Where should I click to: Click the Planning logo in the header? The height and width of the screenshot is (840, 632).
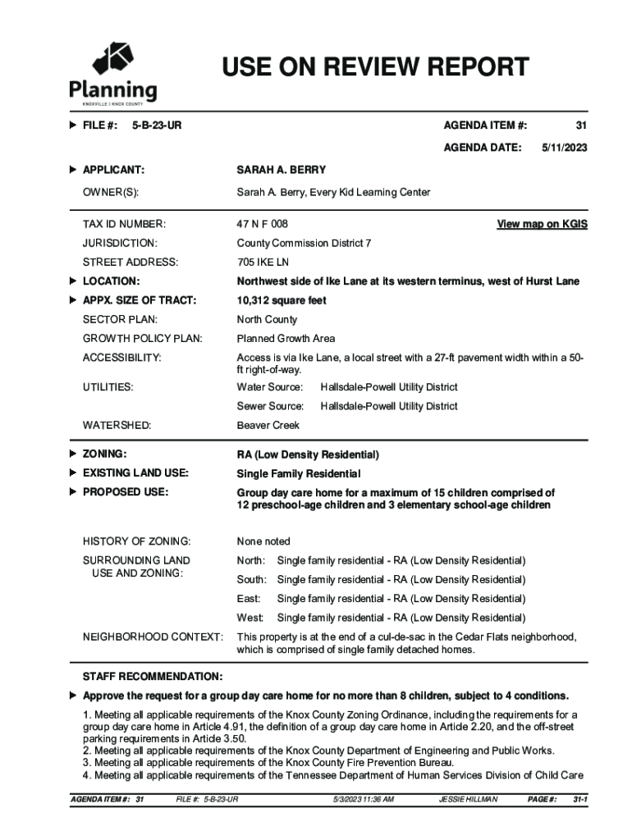click(113, 74)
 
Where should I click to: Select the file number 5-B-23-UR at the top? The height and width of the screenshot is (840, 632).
click(157, 126)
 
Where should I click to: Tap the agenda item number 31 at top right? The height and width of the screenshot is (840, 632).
click(581, 126)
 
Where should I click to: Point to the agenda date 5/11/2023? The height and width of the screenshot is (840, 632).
click(564, 148)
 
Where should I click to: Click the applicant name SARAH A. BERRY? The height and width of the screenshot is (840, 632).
click(281, 170)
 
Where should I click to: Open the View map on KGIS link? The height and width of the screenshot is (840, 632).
click(542, 224)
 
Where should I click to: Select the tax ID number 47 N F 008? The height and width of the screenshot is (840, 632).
click(263, 224)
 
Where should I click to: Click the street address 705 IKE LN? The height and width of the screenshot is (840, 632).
click(263, 262)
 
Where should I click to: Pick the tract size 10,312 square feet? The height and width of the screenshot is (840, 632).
click(282, 300)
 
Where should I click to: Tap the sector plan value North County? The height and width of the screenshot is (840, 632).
click(267, 320)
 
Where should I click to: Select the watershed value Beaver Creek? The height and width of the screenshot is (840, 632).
click(268, 426)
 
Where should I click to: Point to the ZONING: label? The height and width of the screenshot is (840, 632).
click(104, 454)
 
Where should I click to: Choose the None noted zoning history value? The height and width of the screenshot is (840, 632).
click(263, 541)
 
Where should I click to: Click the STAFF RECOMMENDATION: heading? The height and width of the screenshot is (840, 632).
click(153, 676)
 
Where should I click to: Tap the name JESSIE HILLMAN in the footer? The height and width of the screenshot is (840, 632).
click(468, 799)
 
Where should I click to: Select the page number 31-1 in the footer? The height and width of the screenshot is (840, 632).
click(579, 799)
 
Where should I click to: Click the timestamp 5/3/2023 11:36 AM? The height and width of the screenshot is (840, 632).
click(364, 799)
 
